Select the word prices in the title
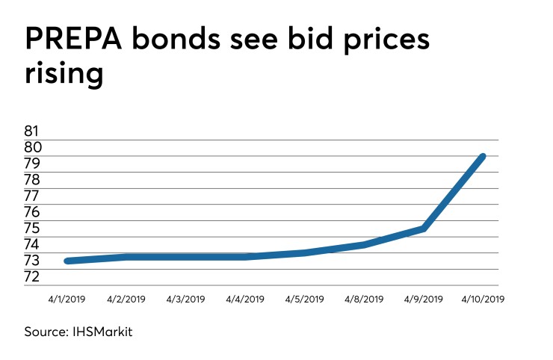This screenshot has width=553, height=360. [x=377, y=40]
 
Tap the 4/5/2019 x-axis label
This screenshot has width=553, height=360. [x=304, y=299]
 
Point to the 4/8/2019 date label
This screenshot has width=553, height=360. [x=364, y=299]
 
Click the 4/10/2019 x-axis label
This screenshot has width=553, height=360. [x=484, y=299]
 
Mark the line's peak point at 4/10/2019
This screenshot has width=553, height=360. [x=483, y=157]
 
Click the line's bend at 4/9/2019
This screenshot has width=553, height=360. [x=424, y=229]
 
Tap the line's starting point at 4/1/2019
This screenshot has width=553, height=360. [x=67, y=261]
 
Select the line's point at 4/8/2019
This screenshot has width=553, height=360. [x=364, y=244]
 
